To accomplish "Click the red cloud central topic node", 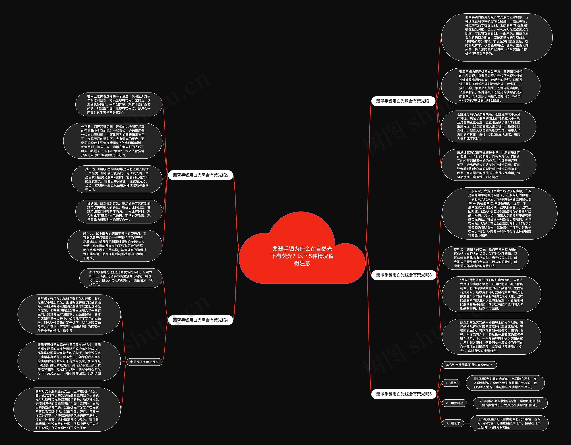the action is pos(302,256).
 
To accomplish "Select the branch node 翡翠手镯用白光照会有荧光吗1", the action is pos(403,101).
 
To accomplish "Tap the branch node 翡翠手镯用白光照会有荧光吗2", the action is pos(201,175).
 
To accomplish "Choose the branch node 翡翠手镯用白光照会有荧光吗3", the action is pos(404,275).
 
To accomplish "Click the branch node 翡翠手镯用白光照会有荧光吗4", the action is pos(201,320).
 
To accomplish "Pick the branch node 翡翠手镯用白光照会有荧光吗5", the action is pos(404,394).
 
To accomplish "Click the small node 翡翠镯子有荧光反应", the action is pos(144,362).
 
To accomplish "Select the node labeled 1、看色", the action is pos(451,383).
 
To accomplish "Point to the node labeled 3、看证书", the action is pos(453,423).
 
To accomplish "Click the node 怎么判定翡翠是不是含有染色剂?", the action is pos(469,365).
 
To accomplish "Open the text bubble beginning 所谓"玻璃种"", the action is pos(121,278).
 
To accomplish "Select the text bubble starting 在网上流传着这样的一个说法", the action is pos(119,105).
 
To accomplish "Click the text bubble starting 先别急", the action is pos(113,141).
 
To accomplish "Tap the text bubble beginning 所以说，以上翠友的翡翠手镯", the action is pos(115,246).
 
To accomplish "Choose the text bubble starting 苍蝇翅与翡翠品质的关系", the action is pos(488,126).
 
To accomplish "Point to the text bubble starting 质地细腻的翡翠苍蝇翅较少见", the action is pos(488,165).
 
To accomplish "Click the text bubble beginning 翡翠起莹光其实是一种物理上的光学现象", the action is pos(492,337).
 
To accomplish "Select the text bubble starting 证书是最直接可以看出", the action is pos(509,423).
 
